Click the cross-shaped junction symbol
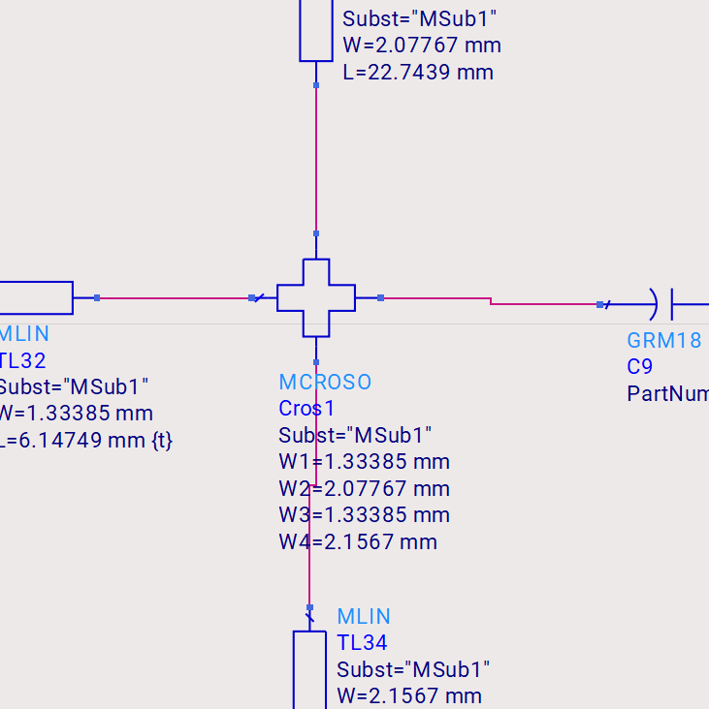[316, 297]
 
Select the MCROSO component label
[325, 382]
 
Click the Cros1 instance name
[306, 408]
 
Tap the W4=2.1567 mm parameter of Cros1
[358, 541]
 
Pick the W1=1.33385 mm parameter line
[364, 461]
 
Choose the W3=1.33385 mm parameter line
[364, 514]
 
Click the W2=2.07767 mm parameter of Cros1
[364, 488]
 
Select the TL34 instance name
[362, 642]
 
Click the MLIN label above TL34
[364, 616]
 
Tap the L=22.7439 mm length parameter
[418, 72]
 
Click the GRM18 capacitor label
[663, 340]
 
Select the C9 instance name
[639, 367]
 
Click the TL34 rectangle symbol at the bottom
[309, 669]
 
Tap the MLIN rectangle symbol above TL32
[36, 298]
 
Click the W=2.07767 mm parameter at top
[422, 45]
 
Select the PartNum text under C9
[667, 393]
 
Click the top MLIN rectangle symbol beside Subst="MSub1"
[316, 29]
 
